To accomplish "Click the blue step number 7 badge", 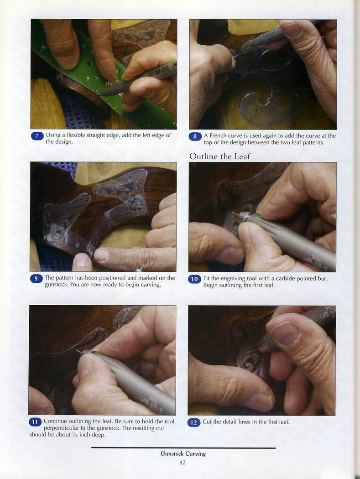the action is [x=37, y=135].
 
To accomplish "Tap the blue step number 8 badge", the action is [x=195, y=136].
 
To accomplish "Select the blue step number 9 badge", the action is [x=36, y=279].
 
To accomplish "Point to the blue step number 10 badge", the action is [x=194, y=279].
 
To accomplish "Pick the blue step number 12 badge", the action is [x=193, y=422].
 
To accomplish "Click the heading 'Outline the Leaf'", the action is [x=220, y=156].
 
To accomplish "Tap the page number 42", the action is [x=183, y=463].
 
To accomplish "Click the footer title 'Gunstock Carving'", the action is [x=183, y=453].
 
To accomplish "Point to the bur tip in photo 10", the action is [x=234, y=213].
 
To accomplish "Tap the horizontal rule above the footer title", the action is [x=183, y=448].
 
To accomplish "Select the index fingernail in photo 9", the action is [x=102, y=255].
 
